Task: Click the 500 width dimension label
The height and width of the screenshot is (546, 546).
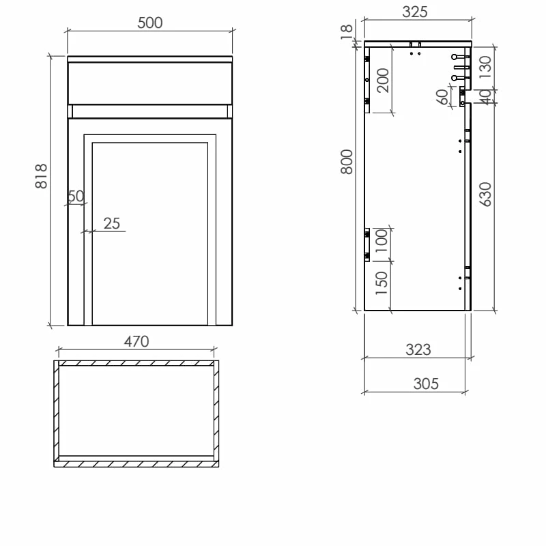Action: [150, 23]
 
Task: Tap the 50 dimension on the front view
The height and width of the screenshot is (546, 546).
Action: [76, 197]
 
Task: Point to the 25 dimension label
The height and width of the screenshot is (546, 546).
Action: [111, 223]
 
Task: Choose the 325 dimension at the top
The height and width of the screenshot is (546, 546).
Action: [414, 12]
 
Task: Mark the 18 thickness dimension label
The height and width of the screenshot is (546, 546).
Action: [347, 30]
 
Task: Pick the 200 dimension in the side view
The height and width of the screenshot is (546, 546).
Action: [382, 80]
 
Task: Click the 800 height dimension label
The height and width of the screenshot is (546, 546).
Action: [347, 162]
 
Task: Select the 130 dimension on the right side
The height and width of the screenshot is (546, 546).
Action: [485, 68]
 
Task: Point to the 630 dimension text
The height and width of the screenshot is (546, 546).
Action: [485, 195]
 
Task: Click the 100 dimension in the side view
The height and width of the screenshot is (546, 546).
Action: [381, 241]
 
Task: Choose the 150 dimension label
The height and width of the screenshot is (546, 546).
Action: [381, 283]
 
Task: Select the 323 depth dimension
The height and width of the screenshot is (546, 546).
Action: [418, 349]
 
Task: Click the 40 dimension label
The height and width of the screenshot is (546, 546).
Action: [485, 97]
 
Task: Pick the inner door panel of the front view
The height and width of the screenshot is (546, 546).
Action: [149, 232]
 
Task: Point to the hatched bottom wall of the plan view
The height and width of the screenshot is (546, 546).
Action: [136, 463]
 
